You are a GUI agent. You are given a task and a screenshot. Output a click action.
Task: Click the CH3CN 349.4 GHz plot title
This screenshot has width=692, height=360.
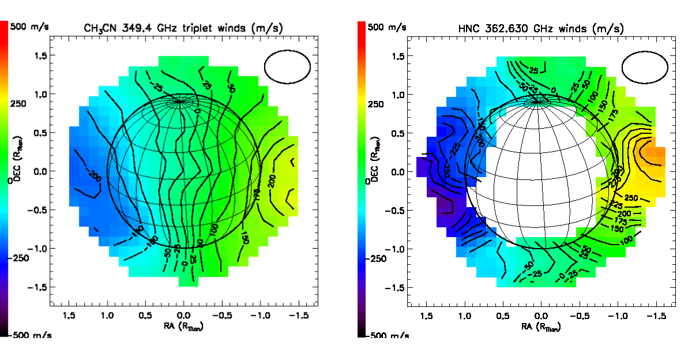(184, 27)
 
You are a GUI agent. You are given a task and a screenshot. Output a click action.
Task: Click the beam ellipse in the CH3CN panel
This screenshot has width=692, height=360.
(287, 66)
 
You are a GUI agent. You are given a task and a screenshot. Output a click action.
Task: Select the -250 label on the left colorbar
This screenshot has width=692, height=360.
(23, 258)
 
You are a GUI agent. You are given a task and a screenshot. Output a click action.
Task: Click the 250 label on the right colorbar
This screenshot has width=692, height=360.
(377, 104)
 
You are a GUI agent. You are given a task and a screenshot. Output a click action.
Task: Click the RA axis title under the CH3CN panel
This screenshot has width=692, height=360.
(184, 326)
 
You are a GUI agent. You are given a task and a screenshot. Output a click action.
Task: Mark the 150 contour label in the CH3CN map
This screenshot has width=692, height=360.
(245, 236)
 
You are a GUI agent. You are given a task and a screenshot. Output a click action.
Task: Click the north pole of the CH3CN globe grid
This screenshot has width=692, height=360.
(180, 102)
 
